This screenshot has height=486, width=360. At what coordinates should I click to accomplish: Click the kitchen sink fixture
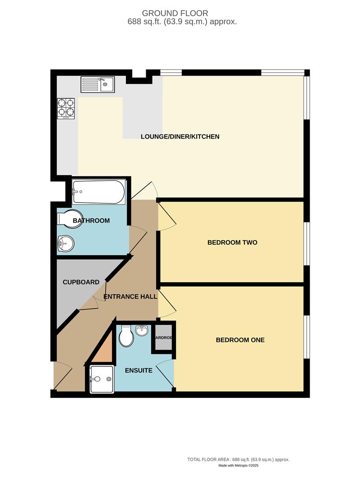[98, 84]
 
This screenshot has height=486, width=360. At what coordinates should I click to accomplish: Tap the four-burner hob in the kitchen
[66, 108]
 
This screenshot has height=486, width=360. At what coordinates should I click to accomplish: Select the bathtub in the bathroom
[99, 192]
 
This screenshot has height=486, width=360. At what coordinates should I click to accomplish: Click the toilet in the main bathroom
[70, 218]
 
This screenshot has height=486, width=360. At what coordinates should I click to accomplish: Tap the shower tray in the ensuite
[102, 379]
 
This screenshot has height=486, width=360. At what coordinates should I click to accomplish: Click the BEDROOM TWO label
[232, 243]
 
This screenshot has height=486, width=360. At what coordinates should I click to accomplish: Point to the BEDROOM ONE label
[240, 340]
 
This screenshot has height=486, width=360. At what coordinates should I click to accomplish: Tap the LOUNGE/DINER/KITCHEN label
[180, 136]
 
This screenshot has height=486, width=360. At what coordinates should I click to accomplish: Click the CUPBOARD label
[81, 282]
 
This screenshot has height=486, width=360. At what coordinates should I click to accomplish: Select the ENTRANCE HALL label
[130, 297]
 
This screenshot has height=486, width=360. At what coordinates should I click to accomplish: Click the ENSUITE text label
[139, 371]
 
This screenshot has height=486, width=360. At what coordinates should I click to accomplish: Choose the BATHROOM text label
[91, 220]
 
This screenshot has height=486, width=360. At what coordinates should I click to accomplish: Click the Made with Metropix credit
[238, 465]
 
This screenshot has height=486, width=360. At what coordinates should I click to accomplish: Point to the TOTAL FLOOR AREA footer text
[238, 459]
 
